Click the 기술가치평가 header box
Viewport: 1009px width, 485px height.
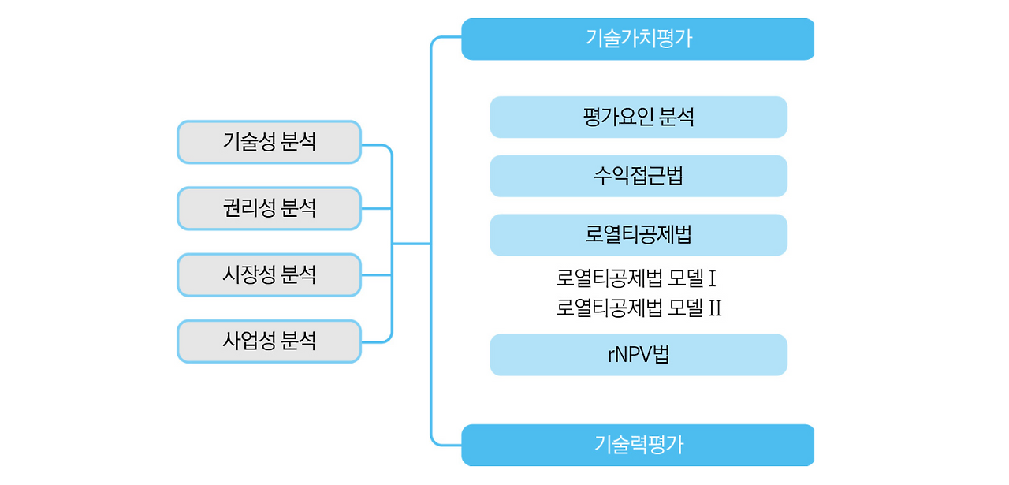click(638, 39)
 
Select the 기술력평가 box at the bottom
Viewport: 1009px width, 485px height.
click(638, 445)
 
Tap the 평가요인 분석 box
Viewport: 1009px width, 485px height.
click(639, 118)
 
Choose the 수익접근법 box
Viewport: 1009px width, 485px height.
click(639, 176)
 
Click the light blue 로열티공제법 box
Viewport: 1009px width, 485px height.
click(639, 235)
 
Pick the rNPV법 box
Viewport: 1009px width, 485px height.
click(639, 355)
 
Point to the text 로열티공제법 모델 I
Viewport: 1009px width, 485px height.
click(635, 278)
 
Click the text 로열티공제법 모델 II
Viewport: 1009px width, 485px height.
click(639, 308)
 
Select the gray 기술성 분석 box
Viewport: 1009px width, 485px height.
click(269, 142)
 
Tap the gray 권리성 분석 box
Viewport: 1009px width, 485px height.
click(269, 208)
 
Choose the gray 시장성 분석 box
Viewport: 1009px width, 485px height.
click(269, 274)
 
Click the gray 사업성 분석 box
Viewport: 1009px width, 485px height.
click(269, 341)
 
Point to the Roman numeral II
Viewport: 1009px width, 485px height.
click(714, 308)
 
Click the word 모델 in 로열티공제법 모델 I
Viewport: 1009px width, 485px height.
click(685, 278)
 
